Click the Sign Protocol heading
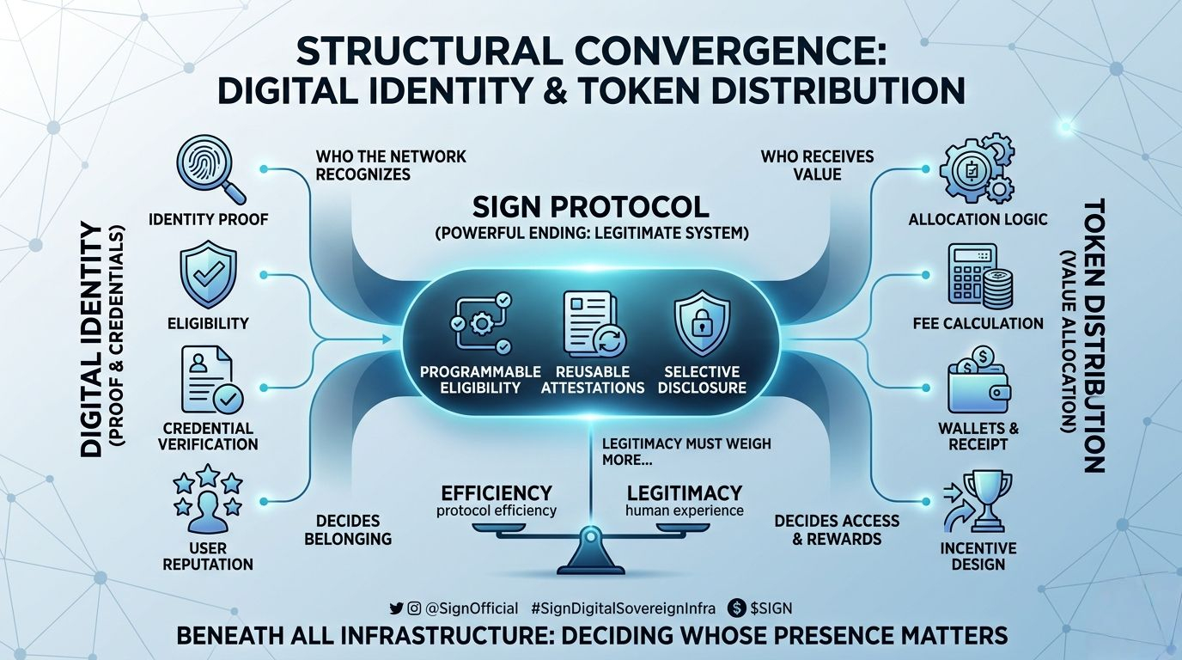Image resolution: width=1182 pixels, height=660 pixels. [x=591, y=207]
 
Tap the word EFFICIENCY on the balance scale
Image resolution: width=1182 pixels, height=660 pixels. [x=496, y=493]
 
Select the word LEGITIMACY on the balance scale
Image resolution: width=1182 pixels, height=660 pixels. [x=684, y=493]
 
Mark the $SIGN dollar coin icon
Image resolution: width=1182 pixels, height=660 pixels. [x=735, y=608]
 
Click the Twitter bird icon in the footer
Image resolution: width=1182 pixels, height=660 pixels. [x=396, y=608]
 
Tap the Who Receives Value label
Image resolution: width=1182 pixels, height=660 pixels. [x=816, y=165]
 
